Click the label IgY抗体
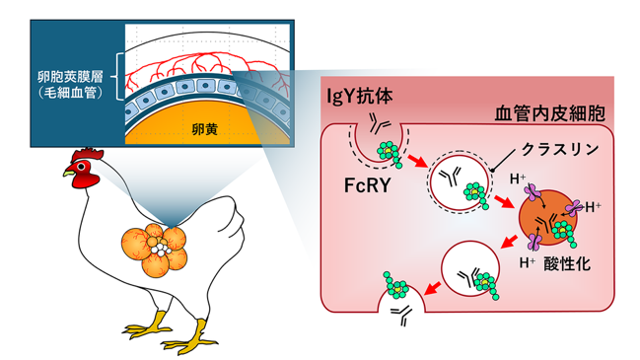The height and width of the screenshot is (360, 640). tap(360, 97)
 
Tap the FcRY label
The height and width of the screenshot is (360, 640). tap(368, 185)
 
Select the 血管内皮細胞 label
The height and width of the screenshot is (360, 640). tap(550, 113)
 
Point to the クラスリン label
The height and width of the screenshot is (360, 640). tap(560, 150)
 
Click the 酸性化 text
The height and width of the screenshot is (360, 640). tap(567, 264)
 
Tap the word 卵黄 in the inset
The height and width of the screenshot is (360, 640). tap(204, 129)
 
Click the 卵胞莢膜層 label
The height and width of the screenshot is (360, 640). tap(70, 76)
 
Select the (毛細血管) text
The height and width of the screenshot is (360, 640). tap(70, 93)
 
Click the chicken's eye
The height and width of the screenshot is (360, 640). tap(82, 166)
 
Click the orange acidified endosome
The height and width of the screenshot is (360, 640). tap(547, 218)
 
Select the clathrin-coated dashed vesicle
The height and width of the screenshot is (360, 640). tap(460, 182)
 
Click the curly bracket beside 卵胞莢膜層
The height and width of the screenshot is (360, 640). tap(118, 76)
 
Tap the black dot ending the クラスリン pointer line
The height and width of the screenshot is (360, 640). tap(493, 170)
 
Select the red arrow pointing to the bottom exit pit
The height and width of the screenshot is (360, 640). tap(433, 288)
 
